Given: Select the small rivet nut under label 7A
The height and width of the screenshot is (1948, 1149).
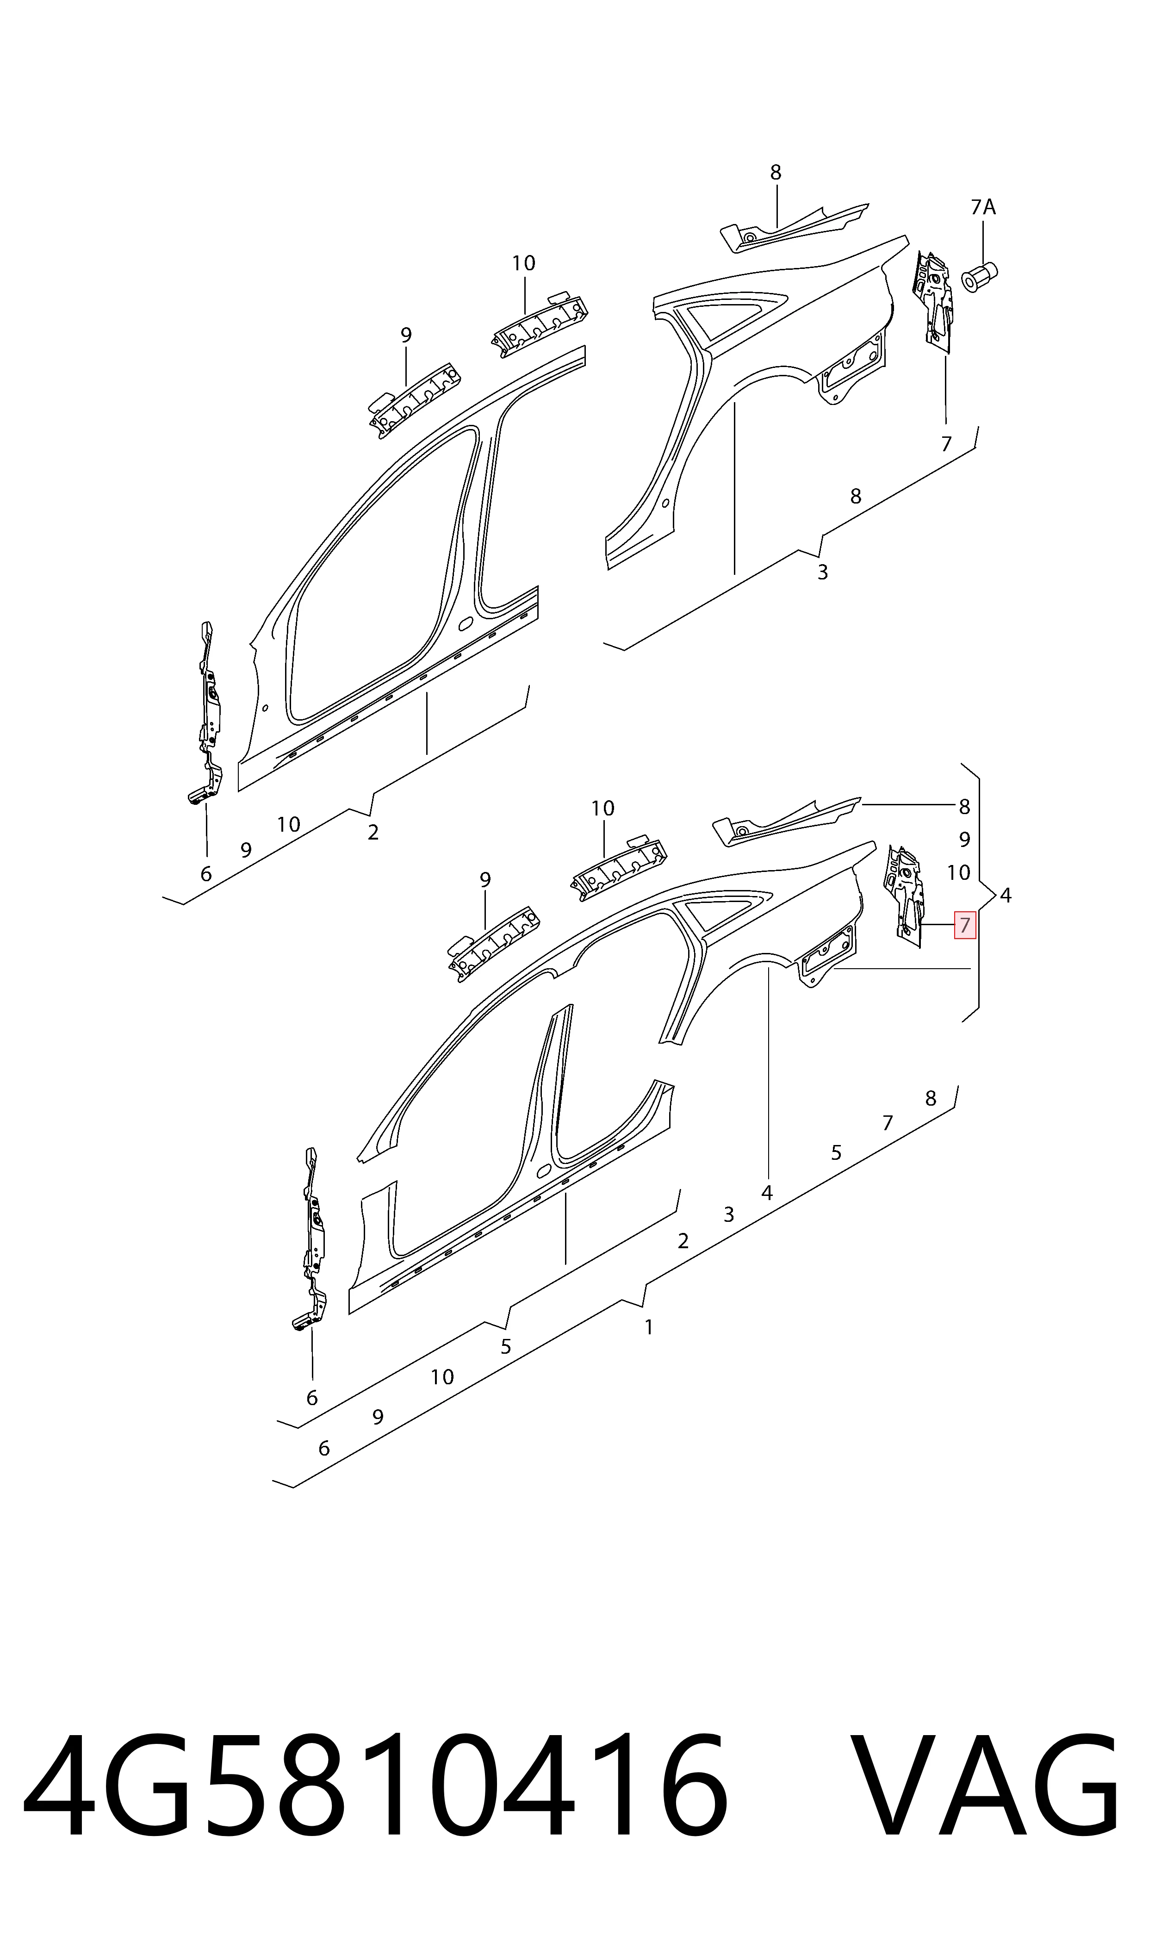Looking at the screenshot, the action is tap(979, 276).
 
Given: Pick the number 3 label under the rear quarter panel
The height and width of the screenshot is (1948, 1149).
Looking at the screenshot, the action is tap(822, 572).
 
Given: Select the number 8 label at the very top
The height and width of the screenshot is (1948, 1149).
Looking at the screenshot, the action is tap(776, 173).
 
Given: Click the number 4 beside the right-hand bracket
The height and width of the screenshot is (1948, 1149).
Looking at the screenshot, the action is tap(1005, 896).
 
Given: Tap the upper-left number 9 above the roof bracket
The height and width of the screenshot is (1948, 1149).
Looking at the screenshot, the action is tap(406, 335).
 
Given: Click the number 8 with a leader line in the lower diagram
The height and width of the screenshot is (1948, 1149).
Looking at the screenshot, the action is tap(964, 807).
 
